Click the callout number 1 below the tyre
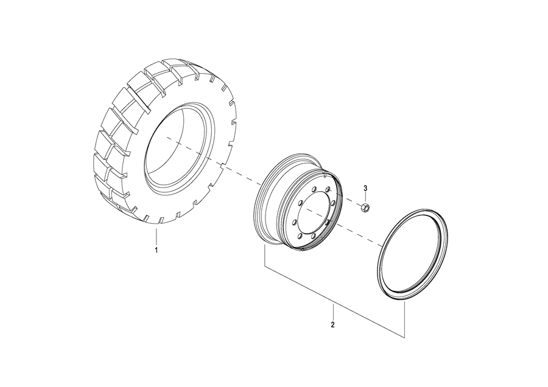[156, 250]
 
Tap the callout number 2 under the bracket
[333, 324]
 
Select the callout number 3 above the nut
[366, 187]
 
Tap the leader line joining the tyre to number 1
[156, 237]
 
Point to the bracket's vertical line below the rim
[264, 256]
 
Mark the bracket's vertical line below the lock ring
[405, 316]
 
